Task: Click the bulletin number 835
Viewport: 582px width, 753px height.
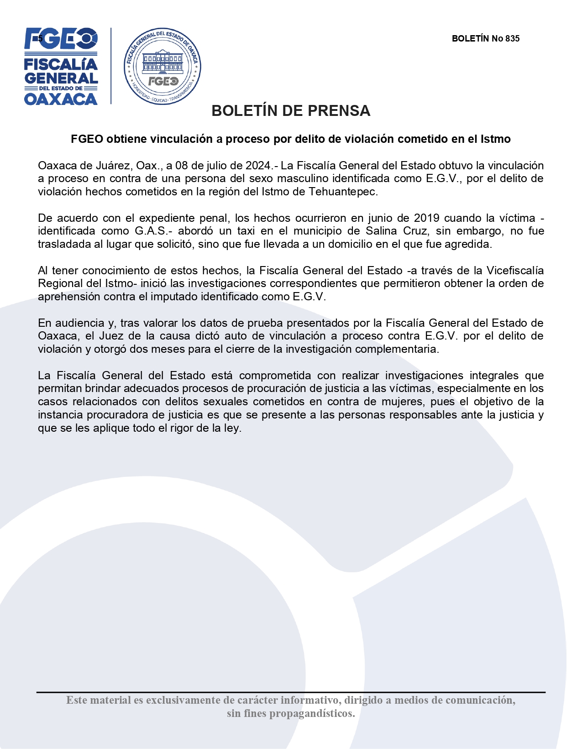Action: tap(512, 39)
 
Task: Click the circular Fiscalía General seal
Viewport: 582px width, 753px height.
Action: tap(163, 67)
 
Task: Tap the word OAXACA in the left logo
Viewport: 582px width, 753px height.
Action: tap(61, 99)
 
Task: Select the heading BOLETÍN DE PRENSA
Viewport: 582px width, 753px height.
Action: tap(291, 111)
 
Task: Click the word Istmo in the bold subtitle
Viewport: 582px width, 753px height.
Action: tap(495, 139)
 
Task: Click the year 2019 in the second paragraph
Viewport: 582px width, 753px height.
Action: tap(428, 218)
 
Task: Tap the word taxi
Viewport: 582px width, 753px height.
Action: tap(246, 231)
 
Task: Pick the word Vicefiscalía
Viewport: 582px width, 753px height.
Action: tap(515, 271)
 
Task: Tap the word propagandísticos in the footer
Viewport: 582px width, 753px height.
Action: tap(312, 714)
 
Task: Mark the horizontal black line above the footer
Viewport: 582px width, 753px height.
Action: tap(291, 692)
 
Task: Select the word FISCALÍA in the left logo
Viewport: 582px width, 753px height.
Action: tap(61, 64)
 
